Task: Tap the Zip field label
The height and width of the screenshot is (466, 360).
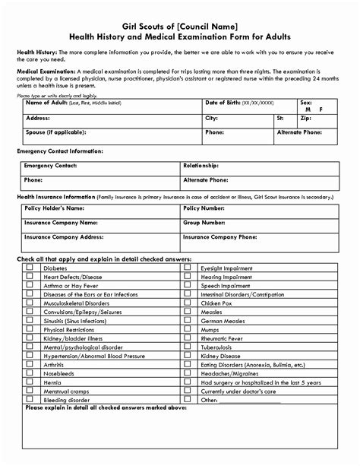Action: pos(305,119)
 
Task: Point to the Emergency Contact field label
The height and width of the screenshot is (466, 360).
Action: pos(51,165)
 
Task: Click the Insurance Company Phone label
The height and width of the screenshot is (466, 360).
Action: pos(219,236)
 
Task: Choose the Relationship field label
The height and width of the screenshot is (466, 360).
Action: pos(201,165)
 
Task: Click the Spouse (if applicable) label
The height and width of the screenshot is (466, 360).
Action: pos(59,132)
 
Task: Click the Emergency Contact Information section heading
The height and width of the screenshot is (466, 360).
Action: pos(60,151)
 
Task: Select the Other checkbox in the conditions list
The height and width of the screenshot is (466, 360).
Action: pos(188,398)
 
